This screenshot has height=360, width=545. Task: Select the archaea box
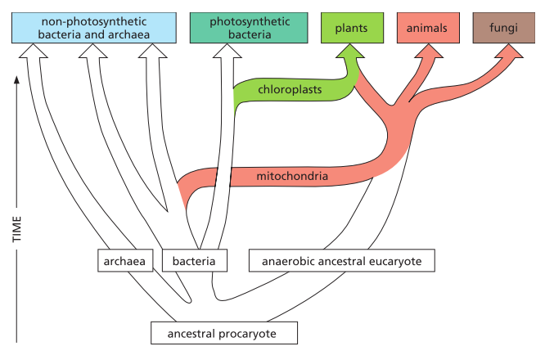(x=125, y=262)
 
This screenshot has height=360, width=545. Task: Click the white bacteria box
(x=194, y=262)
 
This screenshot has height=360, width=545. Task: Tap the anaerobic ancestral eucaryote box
(x=341, y=262)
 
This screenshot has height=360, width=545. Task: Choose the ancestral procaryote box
(x=223, y=334)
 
